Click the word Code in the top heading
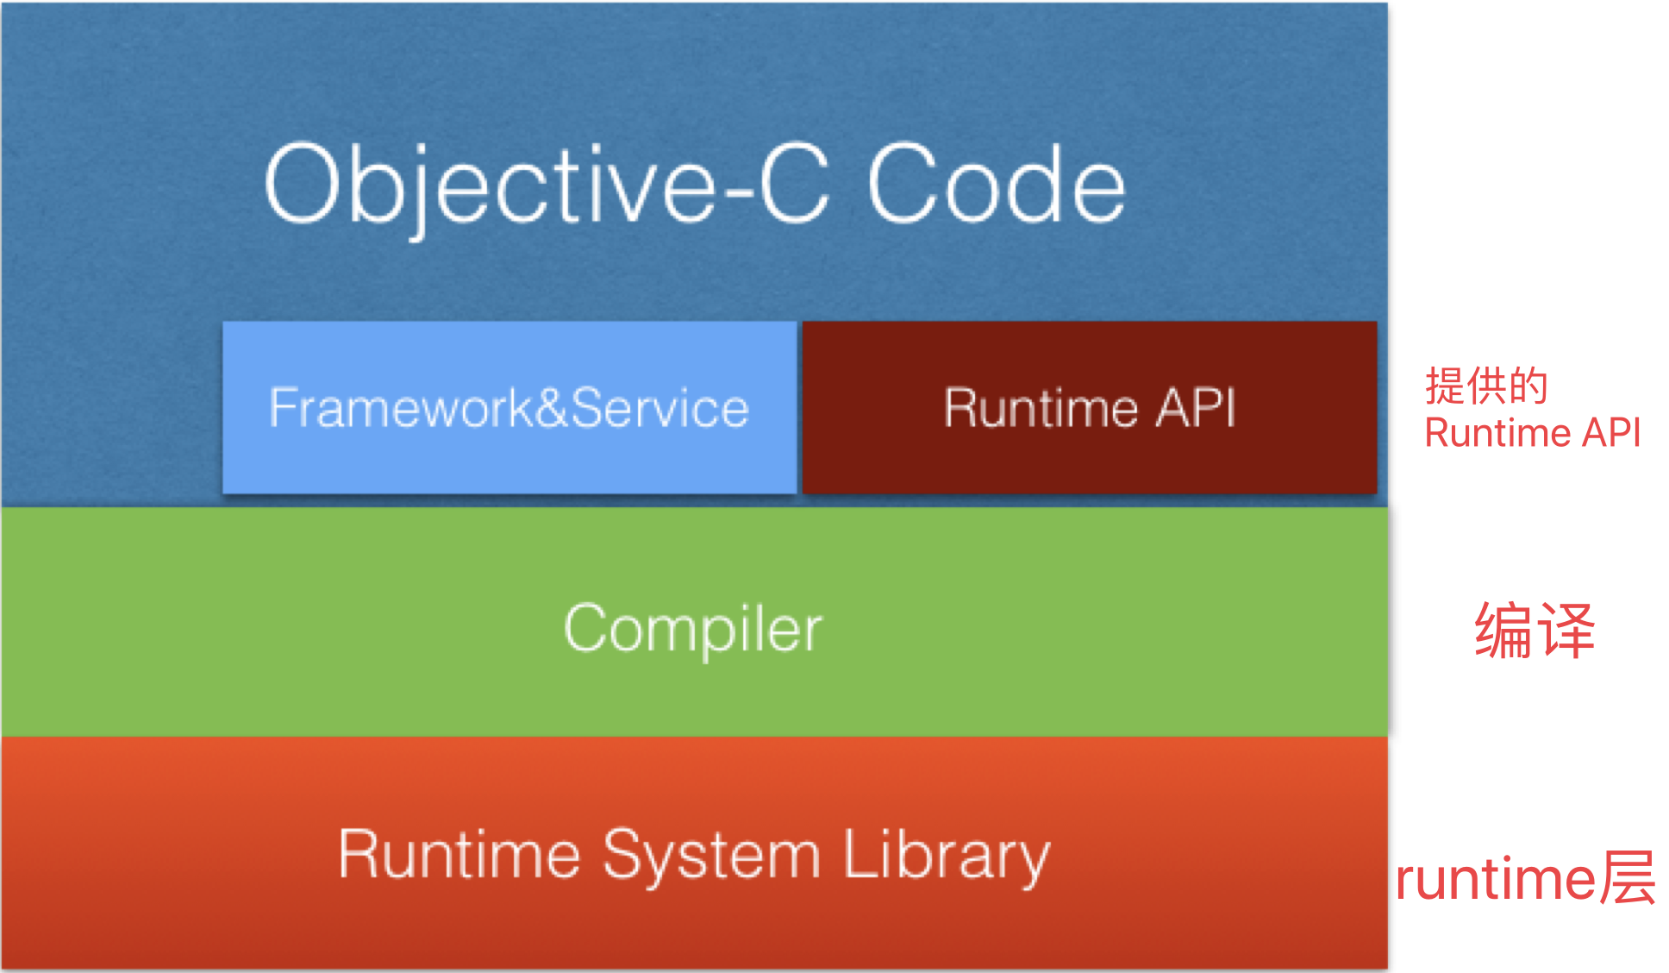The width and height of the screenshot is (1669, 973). [996, 184]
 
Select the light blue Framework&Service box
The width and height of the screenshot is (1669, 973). [509, 407]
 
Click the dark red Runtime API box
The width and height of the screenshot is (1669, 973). [1090, 407]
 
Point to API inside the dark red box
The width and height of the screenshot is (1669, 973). [1196, 407]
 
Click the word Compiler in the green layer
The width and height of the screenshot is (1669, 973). [693, 630]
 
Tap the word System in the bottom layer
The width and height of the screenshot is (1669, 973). [711, 857]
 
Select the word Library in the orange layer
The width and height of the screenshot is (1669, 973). [947, 857]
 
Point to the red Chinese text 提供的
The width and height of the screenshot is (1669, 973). [1486, 385]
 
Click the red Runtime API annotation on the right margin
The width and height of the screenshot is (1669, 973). [1532, 433]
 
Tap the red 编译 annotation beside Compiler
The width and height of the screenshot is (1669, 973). [1535, 631]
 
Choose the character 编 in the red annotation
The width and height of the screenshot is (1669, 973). [1503, 631]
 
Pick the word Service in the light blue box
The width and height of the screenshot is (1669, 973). [659, 408]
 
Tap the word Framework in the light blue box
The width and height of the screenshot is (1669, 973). [402, 408]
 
